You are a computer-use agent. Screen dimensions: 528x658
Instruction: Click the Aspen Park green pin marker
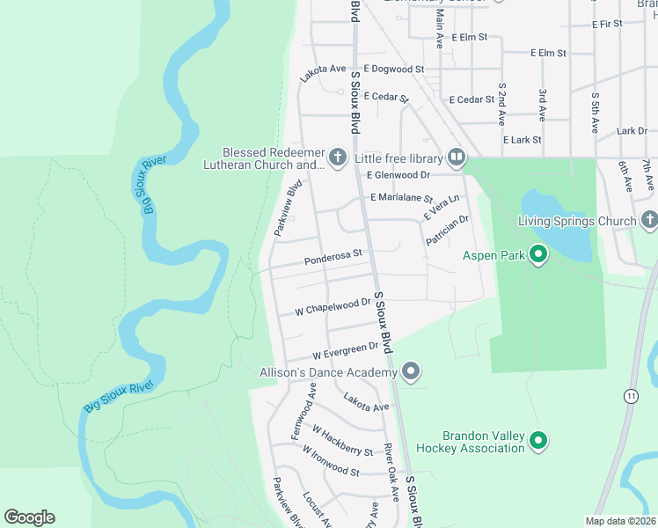click(x=538, y=256)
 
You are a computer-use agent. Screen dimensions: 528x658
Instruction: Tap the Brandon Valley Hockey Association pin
click(x=538, y=442)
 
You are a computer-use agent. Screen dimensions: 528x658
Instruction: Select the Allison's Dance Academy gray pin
click(x=410, y=372)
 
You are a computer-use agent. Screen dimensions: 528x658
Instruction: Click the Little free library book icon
click(x=456, y=158)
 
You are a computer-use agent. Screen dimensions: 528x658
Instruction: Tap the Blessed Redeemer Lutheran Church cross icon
click(x=338, y=158)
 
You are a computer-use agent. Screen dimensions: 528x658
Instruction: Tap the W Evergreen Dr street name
click(x=346, y=351)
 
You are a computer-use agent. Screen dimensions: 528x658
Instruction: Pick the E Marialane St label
click(x=402, y=199)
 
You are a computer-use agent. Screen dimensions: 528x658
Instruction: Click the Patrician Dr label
click(x=448, y=231)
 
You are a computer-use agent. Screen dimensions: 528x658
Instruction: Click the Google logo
click(x=29, y=517)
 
